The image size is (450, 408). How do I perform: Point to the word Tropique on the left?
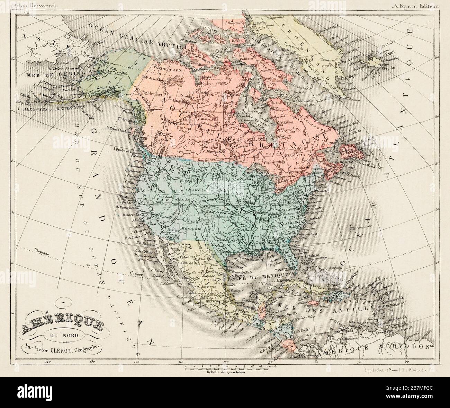pyautogui.click(x=43, y=252)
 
